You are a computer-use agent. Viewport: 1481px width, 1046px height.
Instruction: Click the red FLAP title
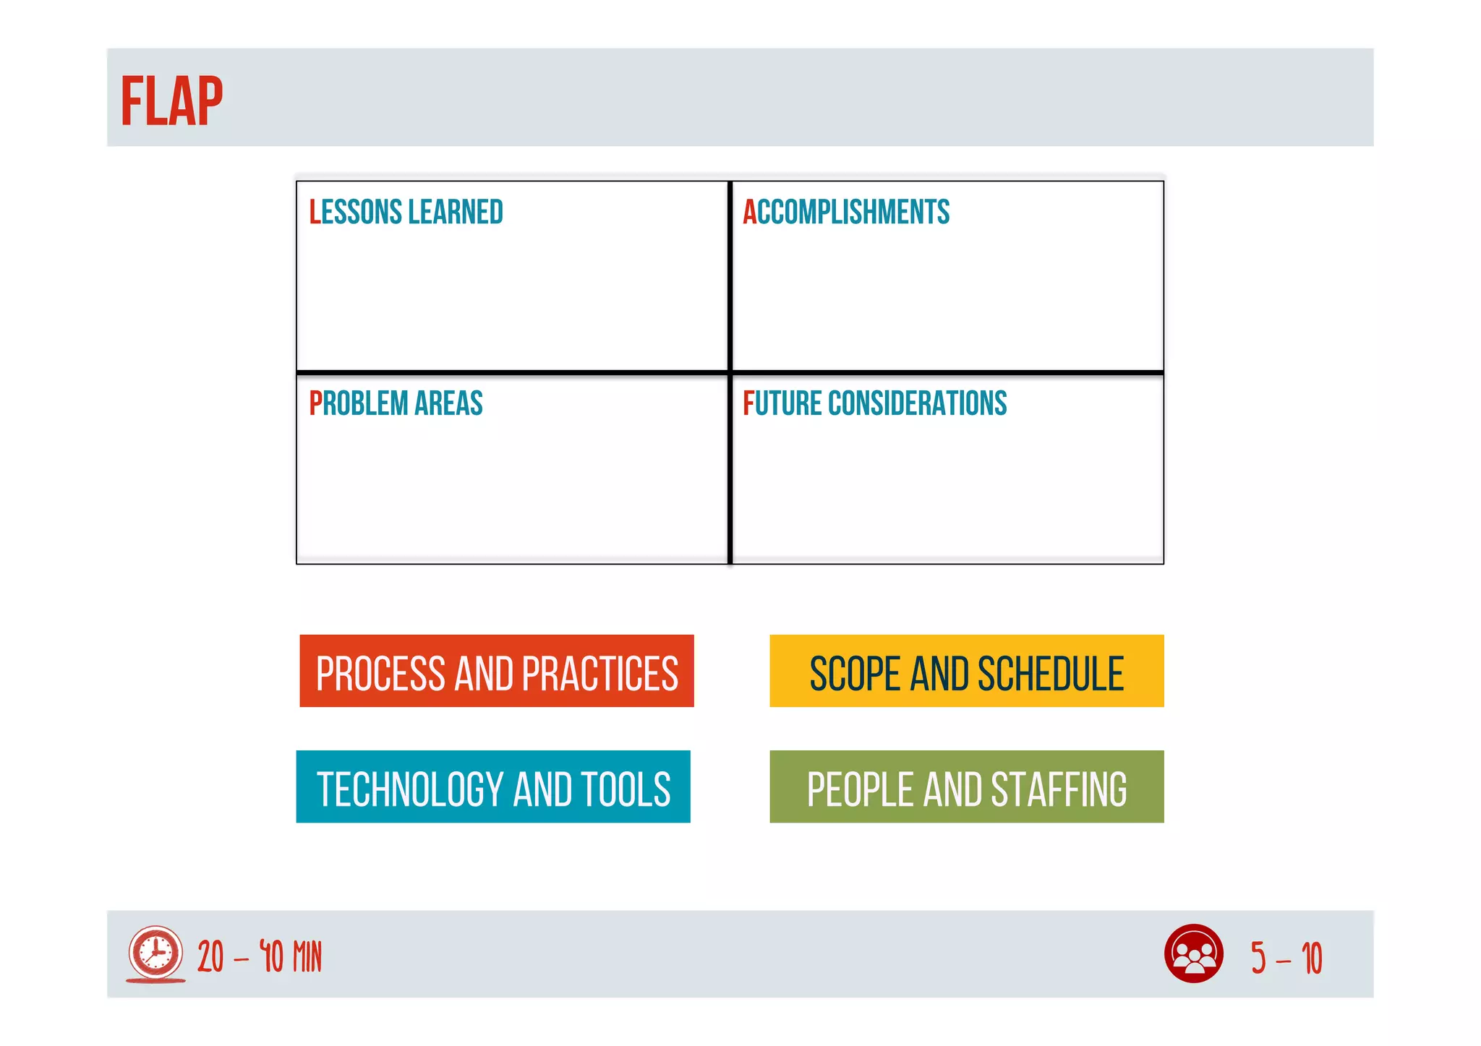point(171,102)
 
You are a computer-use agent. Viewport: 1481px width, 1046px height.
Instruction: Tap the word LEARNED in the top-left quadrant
point(456,213)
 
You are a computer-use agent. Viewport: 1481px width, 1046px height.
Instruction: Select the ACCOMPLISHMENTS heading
point(846,213)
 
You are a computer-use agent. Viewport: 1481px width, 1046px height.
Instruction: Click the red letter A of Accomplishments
point(749,213)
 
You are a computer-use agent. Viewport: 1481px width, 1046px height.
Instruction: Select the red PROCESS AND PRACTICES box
point(497,671)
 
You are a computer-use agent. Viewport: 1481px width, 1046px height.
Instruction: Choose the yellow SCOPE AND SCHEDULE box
point(966,671)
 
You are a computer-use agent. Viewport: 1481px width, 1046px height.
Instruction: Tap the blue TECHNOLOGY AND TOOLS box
point(493,786)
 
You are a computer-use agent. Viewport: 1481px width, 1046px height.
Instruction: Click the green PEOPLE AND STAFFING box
point(966,786)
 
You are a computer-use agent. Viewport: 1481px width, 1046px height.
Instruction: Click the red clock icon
point(155,953)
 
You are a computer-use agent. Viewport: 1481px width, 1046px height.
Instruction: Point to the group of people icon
point(1193,953)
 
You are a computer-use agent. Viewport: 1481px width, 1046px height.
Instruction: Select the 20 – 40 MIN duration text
point(260,957)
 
